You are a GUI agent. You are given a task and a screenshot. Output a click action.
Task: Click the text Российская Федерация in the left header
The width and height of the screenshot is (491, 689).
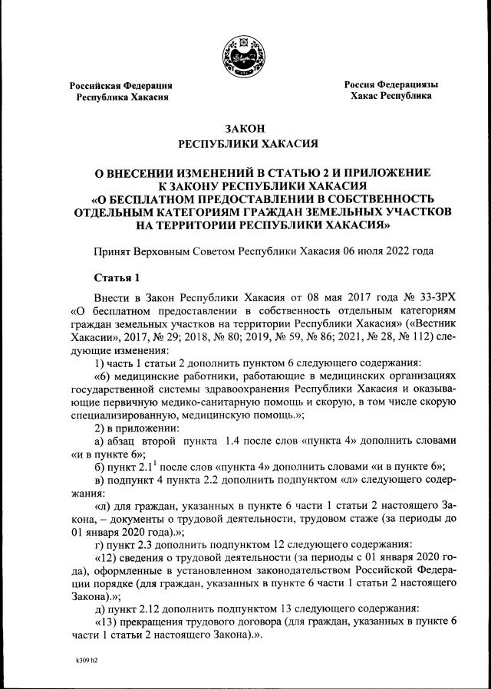(121, 85)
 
